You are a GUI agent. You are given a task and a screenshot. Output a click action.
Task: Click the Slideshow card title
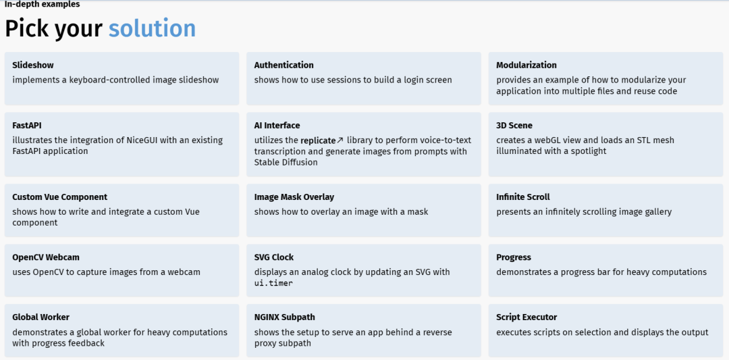[x=33, y=65]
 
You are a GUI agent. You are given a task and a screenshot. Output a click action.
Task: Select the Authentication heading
[x=283, y=65]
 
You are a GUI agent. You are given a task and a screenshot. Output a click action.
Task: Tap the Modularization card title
[x=526, y=65]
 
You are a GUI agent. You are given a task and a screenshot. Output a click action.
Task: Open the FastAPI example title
[x=28, y=126]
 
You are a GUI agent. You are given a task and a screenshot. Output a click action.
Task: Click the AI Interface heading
[x=277, y=126]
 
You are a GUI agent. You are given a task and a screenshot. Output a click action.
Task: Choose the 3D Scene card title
[x=514, y=126]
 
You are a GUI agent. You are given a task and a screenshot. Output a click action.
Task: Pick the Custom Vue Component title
[x=60, y=197]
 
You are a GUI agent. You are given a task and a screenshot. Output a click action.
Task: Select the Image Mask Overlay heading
[x=294, y=197]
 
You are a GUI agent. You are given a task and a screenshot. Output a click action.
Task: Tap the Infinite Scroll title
[x=523, y=197]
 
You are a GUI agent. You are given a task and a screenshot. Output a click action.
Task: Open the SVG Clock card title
[x=274, y=257]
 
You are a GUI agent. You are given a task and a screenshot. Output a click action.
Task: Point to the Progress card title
[x=513, y=258]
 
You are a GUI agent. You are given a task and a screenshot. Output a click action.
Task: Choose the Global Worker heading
[x=41, y=317]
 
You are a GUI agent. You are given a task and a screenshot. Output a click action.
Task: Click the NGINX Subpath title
[x=285, y=317]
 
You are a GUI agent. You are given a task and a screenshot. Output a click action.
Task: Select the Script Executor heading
[x=526, y=317]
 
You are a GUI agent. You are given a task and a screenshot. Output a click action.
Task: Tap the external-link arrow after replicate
[x=340, y=140]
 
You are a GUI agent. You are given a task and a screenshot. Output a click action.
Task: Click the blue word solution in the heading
[x=152, y=28]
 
